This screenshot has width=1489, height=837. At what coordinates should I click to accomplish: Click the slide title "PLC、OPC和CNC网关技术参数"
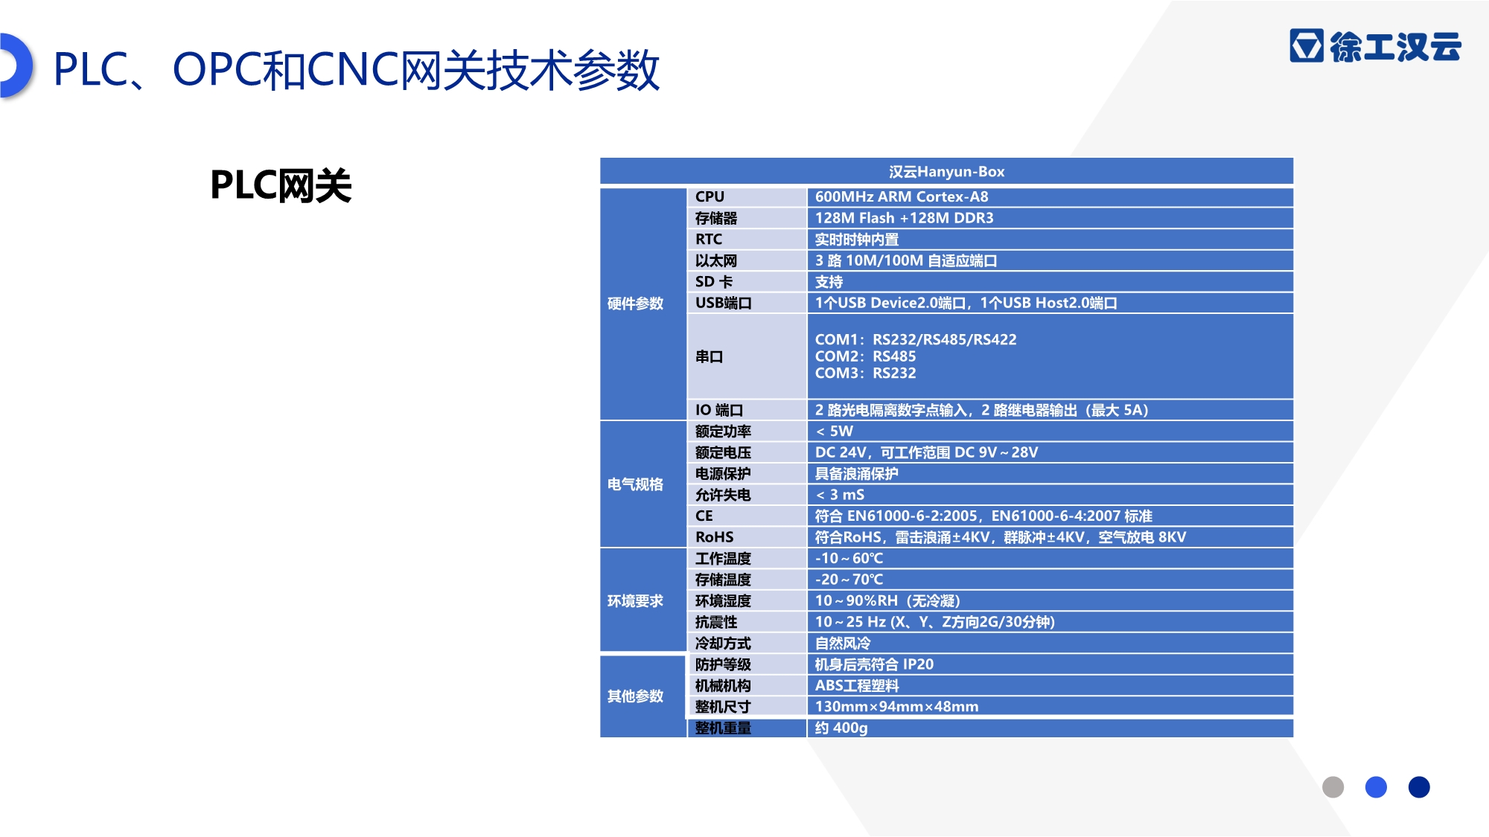(x=357, y=71)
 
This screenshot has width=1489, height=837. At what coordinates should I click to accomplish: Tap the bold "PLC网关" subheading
(x=281, y=185)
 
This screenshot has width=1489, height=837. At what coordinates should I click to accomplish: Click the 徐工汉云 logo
(x=1376, y=46)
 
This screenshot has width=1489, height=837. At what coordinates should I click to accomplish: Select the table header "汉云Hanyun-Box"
(x=946, y=172)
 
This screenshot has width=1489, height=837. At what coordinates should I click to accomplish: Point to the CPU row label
(x=710, y=197)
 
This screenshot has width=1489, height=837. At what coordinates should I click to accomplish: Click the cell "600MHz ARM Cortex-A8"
(x=902, y=197)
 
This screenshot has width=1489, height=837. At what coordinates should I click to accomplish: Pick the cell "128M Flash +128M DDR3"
(x=904, y=218)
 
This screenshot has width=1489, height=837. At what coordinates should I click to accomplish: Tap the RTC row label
(x=709, y=240)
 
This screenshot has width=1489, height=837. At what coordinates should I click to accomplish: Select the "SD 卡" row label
(x=714, y=282)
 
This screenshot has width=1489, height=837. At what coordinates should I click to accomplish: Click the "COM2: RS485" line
(x=865, y=356)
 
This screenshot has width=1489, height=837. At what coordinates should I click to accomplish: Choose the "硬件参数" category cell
(x=635, y=304)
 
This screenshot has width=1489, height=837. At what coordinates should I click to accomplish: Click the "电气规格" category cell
(x=635, y=484)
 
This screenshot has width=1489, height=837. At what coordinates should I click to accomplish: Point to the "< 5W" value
(x=834, y=432)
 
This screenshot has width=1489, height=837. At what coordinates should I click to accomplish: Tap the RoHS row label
(x=715, y=537)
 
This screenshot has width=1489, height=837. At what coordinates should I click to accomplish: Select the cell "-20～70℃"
(x=849, y=580)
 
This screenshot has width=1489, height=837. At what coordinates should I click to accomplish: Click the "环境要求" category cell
(x=635, y=601)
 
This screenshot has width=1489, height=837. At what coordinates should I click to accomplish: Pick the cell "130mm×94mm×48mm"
(x=896, y=707)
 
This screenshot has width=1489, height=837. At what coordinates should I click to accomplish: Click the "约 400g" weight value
(x=841, y=728)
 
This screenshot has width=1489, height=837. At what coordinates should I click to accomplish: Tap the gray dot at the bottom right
(x=1333, y=787)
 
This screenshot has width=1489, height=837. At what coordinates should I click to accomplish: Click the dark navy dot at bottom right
(x=1419, y=787)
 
